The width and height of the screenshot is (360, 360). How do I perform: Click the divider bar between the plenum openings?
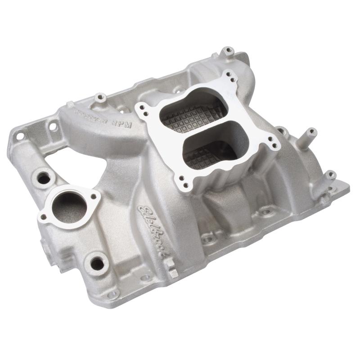(x=200, y=131)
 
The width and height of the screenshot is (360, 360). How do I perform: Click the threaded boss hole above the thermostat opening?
(x=44, y=177)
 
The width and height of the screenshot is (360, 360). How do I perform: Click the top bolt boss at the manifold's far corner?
(x=229, y=50)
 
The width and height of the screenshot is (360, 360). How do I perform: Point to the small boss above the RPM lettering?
(x=100, y=97)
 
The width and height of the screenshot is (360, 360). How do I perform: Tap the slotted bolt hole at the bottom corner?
(x=113, y=293)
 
